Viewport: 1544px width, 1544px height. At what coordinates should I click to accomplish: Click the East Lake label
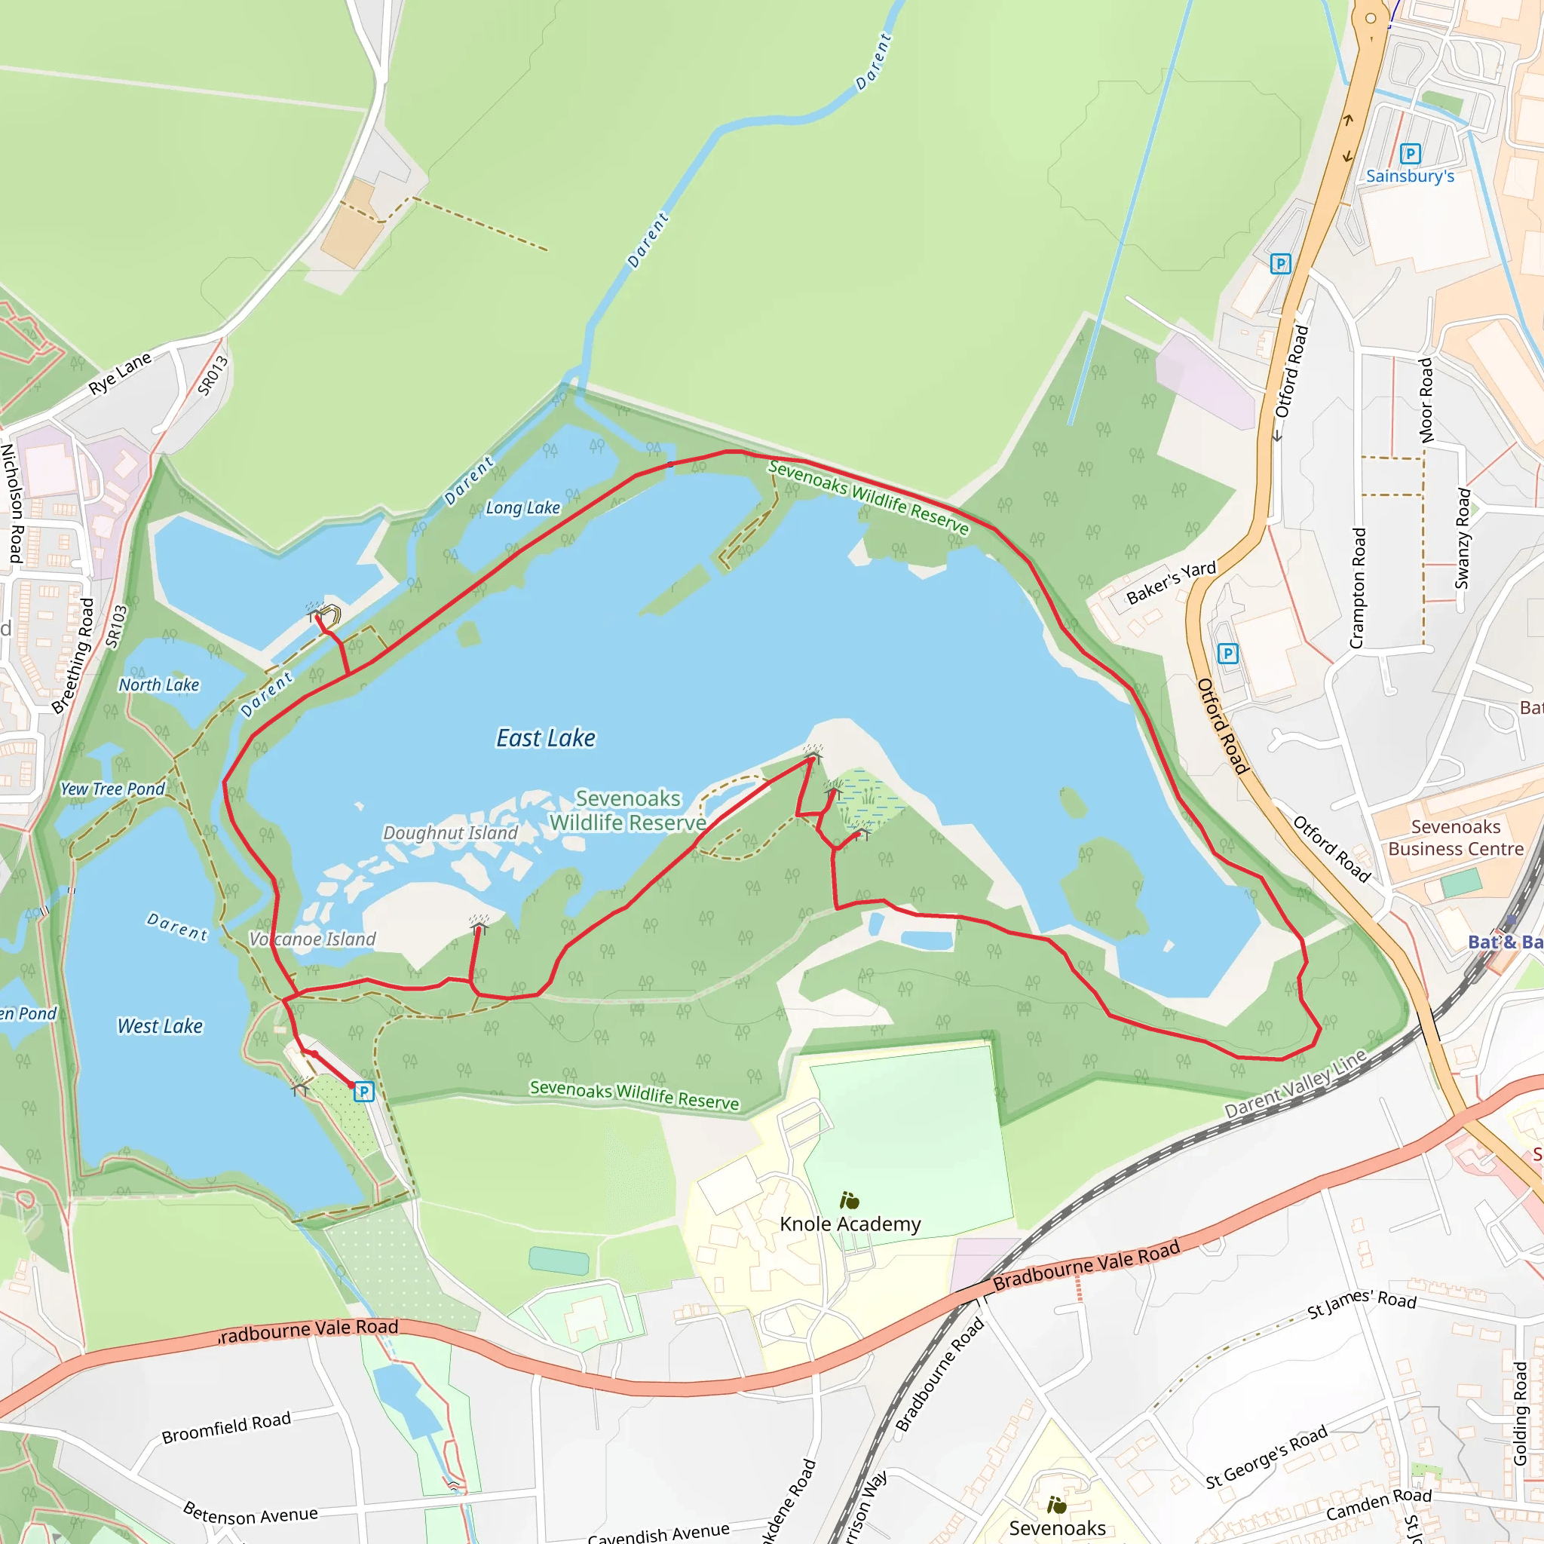(546, 738)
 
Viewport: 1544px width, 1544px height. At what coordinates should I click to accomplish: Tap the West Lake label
(160, 1026)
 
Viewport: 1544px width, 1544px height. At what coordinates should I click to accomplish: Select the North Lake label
(159, 685)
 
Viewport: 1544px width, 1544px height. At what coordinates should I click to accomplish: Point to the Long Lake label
(522, 507)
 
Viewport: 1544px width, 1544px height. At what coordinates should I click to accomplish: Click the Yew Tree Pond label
(112, 789)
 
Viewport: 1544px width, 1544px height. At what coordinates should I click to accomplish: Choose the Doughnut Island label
(451, 833)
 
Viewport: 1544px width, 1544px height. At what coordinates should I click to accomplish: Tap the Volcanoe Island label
(312, 939)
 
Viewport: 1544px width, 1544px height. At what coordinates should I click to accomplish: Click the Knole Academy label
(850, 1224)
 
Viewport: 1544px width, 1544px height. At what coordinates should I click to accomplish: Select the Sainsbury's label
(1410, 176)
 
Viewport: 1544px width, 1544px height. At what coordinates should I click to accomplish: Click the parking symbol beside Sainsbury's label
(1411, 154)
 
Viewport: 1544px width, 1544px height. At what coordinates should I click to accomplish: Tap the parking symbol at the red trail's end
(363, 1092)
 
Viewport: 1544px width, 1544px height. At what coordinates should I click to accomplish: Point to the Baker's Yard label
(1171, 582)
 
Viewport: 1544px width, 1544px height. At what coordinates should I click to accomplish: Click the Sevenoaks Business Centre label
(1456, 838)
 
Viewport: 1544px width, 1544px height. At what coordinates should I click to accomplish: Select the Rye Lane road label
(120, 373)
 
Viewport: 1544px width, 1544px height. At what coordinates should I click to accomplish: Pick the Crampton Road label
(1357, 588)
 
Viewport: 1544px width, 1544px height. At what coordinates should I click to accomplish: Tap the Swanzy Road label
(1463, 538)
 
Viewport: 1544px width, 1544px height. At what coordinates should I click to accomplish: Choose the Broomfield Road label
(226, 1427)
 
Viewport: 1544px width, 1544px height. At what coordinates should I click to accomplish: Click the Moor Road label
(1426, 400)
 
